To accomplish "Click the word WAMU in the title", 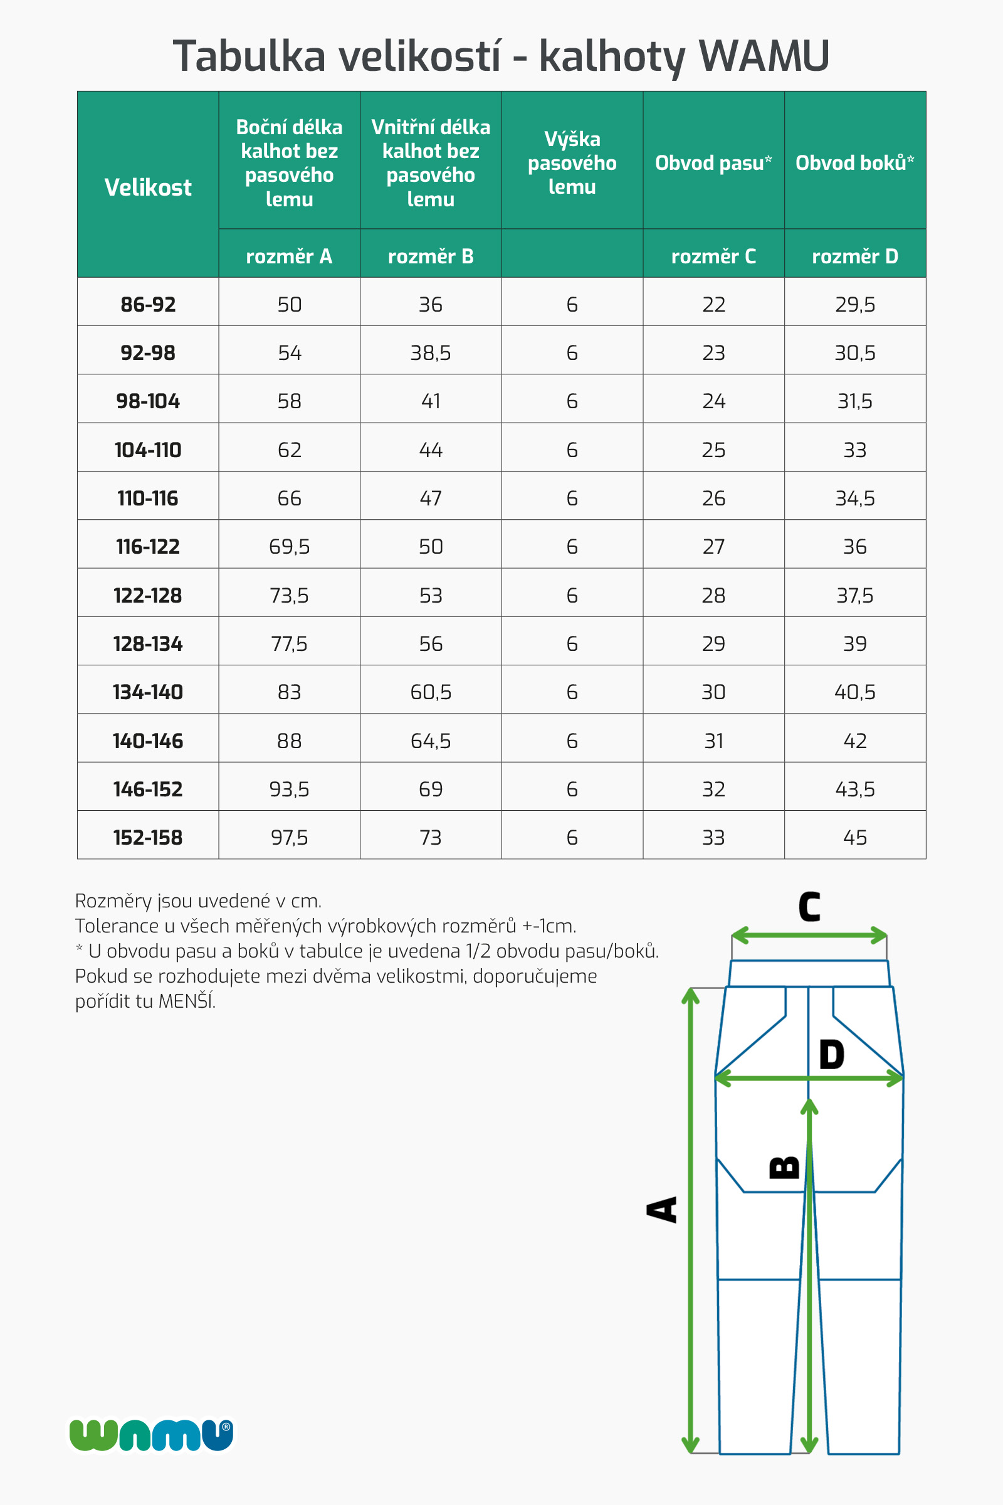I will coord(764,56).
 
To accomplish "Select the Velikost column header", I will coord(148,187).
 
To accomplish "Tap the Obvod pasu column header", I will coord(713,163).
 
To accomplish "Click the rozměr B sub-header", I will coord(431,256).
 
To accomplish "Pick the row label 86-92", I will coord(148,305).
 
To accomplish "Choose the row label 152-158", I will coord(148,838).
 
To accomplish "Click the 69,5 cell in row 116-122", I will coord(289,547).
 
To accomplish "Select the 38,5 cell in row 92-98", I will coord(431,353).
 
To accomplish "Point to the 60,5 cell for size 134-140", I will coord(431,692).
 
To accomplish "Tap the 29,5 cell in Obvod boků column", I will coord(854,305).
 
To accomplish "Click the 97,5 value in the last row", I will coord(289,838).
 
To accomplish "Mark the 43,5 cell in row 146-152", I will coord(854,789).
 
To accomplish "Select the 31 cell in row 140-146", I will coord(713,741).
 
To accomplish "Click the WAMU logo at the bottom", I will coord(152,1435).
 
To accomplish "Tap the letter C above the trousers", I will coord(809,907).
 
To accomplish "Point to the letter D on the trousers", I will coord(832,1055).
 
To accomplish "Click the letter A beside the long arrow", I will coord(663,1210).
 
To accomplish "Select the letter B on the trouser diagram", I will coord(784,1167).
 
